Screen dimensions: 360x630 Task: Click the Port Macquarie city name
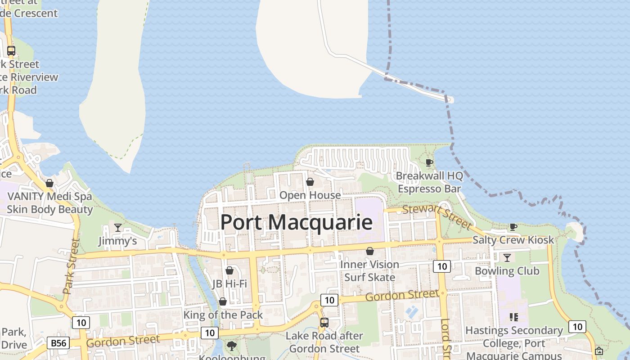pyautogui.click(x=296, y=222)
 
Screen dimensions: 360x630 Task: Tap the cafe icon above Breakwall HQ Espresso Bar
pyautogui.click(x=429, y=162)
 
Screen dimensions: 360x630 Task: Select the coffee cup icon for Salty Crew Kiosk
pyautogui.click(x=513, y=227)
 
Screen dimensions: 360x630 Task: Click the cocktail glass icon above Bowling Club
pyautogui.click(x=507, y=258)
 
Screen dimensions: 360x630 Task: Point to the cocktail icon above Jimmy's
pyautogui.click(x=118, y=228)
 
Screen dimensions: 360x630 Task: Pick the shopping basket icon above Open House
pyautogui.click(x=310, y=182)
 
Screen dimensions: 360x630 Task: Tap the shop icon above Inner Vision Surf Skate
pyautogui.click(x=370, y=251)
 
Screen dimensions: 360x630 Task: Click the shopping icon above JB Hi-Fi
pyautogui.click(x=229, y=270)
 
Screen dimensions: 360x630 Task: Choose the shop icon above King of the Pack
pyautogui.click(x=223, y=301)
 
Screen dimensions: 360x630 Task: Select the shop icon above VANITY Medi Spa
pyautogui.click(x=49, y=183)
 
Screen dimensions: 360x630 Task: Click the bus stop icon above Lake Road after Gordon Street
pyautogui.click(x=324, y=322)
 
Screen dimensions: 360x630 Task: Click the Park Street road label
pyautogui.click(x=72, y=266)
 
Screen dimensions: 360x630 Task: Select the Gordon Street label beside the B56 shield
pyautogui.click(x=122, y=341)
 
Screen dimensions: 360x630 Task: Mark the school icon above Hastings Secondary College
pyautogui.click(x=513, y=317)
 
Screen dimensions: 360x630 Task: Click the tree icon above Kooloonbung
pyautogui.click(x=232, y=346)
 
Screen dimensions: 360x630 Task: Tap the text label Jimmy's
pyautogui.click(x=118, y=241)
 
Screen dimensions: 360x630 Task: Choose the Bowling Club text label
pyautogui.click(x=507, y=271)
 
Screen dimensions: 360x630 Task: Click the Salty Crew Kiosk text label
pyautogui.click(x=513, y=240)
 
